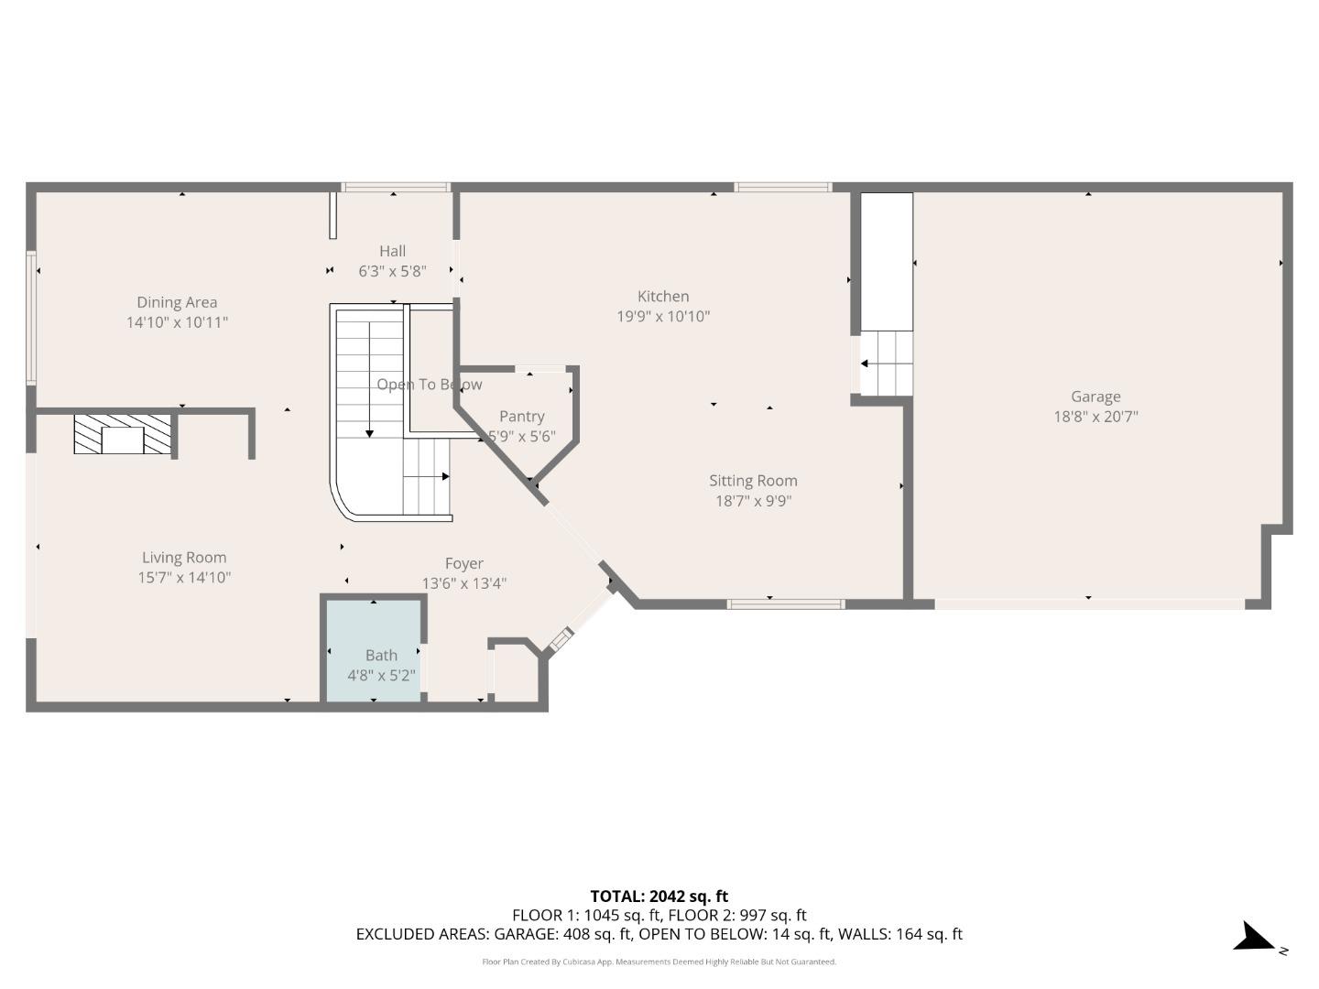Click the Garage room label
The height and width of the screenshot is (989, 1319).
pos(1096,397)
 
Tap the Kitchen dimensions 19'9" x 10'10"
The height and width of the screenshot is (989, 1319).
pos(663,317)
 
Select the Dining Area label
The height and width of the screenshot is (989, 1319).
pos(177,302)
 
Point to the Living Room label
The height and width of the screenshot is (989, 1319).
pos(184,557)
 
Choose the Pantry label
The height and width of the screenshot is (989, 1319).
pos(522,417)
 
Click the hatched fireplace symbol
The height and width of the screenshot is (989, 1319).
pos(123,434)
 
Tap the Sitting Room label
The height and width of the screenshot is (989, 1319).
pos(753,481)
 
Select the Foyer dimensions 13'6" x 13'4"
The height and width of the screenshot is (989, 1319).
pos(464,583)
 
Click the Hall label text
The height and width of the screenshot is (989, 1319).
pos(392,251)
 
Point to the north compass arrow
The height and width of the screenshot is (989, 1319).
pos(1253,938)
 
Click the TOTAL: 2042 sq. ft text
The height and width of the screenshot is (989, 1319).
pos(659,897)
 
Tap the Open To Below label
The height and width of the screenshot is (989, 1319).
pos(429,385)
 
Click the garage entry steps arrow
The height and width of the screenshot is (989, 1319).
pos(865,364)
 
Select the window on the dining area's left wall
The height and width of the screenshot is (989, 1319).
pos(31,318)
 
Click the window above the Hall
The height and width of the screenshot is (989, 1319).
pos(396,188)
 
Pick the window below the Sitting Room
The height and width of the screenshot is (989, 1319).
pos(785,604)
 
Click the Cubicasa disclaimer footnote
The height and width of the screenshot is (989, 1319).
pos(659,962)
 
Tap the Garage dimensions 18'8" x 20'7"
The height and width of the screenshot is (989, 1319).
pos(1096,417)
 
